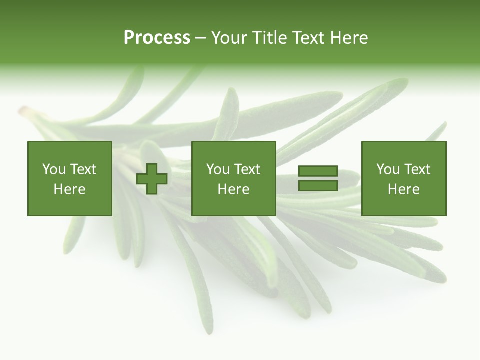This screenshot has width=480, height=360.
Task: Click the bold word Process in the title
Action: [157, 38]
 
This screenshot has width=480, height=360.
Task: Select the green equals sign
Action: [318, 179]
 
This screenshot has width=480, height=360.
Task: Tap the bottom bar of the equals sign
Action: [318, 185]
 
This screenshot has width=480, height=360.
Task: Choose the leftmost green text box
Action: [70, 179]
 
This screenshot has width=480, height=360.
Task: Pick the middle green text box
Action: [234, 179]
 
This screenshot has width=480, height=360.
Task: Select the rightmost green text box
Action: [404, 179]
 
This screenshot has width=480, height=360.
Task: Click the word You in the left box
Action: [54, 169]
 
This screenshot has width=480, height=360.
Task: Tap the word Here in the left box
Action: [70, 189]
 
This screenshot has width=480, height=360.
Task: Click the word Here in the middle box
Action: [234, 189]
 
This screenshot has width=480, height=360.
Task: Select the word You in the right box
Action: [388, 169]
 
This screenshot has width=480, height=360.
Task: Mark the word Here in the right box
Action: [404, 189]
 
